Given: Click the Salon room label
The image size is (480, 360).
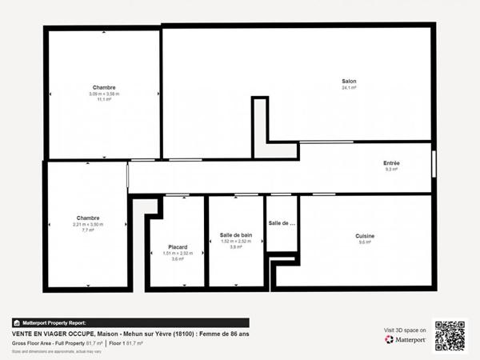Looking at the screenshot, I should [x=349, y=82].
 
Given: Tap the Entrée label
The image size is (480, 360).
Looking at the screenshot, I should [x=391, y=163].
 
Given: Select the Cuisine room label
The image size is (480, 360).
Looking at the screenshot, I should [x=365, y=236].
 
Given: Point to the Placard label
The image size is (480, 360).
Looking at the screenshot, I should [x=178, y=247].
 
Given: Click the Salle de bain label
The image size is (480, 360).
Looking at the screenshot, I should [x=236, y=235].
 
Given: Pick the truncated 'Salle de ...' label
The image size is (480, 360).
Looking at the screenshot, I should [x=282, y=223].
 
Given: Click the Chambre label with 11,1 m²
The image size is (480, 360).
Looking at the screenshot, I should [x=104, y=88].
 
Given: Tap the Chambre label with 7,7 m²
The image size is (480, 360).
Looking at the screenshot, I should [x=88, y=218].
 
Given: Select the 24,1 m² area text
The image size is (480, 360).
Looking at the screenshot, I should [x=349, y=89].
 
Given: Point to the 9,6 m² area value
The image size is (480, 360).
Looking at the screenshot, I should [x=365, y=242].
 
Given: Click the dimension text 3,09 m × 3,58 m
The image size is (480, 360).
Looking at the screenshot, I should [x=104, y=94].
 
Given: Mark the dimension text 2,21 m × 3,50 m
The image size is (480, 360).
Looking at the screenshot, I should [x=88, y=224].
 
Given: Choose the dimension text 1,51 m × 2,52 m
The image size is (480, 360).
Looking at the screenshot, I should [x=178, y=254].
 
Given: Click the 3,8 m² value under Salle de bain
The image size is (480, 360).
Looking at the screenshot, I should [x=236, y=247].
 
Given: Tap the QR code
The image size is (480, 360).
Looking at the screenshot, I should [x=450, y=335].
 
